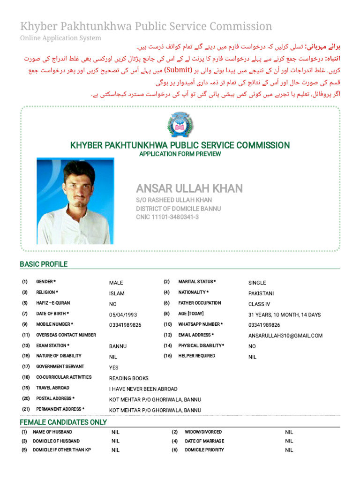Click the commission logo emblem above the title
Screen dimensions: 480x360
[x=180, y=125]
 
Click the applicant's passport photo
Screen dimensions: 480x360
[x=75, y=201]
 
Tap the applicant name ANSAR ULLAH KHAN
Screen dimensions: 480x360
[x=189, y=188]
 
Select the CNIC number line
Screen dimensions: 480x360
[x=167, y=217]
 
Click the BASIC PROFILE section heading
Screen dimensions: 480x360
[x=44, y=264]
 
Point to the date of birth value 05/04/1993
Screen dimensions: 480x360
[x=123, y=315]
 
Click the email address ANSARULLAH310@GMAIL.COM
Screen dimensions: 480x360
[x=285, y=336]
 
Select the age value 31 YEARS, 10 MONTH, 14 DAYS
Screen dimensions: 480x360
[x=284, y=315]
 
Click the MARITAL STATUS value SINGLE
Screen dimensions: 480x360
[x=257, y=283]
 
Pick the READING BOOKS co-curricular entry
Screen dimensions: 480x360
[x=128, y=378]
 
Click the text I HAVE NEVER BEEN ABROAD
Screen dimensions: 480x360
[x=143, y=389]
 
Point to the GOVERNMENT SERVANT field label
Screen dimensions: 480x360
[x=60, y=367]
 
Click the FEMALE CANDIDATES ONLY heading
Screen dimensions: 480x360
[x=63, y=422]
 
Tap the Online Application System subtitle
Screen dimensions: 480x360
[x=60, y=38]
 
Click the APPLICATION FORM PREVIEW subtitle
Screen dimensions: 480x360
[x=180, y=154]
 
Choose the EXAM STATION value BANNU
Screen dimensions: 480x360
[x=118, y=346]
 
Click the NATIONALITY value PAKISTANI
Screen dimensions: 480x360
[x=261, y=293]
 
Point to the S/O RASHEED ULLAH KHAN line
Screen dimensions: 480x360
[x=174, y=200]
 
